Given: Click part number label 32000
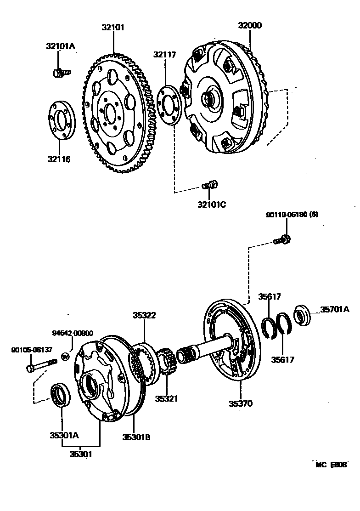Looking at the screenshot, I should (x=250, y=25).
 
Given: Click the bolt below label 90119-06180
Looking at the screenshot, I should (x=281, y=239).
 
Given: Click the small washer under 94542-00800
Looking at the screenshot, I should (x=65, y=356).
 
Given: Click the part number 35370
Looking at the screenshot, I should (x=241, y=403).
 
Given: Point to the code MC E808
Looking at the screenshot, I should (x=331, y=465).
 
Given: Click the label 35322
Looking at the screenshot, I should (x=144, y=315).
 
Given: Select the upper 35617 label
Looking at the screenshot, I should (x=269, y=297).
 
